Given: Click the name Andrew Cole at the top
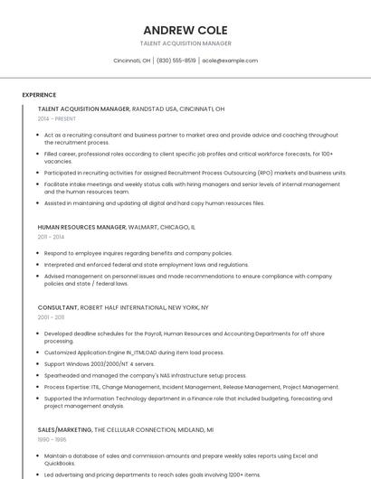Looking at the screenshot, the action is pos(185,30).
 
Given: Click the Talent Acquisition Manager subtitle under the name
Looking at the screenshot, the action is pos(185,43).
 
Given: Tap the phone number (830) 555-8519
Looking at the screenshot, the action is pos(176,61).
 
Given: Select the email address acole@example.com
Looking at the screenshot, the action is pos(230,61).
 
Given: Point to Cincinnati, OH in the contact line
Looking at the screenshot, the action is pos(132,61).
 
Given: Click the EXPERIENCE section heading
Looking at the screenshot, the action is pos(39,94).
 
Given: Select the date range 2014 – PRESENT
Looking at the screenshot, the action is pos(57,118).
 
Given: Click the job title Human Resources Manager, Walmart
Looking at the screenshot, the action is pos(116,227).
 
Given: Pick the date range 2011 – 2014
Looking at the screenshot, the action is pos(51,237).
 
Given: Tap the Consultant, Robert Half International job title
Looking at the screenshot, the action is pos(123,307).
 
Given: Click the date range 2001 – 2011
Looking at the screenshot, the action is pos(51,317).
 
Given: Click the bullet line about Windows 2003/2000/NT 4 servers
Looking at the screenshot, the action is pos(100,363).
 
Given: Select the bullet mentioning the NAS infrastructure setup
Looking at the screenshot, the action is pos(145,375).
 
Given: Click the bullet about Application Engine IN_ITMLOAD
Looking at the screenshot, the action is pos(134,352).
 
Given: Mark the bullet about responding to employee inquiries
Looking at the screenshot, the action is pos(138,253).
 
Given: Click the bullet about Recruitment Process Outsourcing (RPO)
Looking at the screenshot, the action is pos(195,172).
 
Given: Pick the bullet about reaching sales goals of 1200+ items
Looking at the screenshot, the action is pos(152,474).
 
